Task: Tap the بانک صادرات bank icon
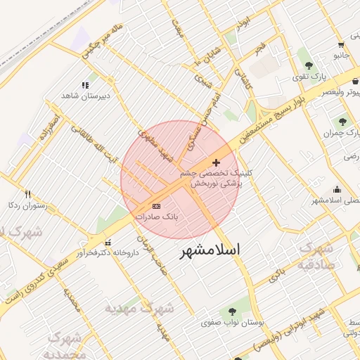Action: (x=156, y=206)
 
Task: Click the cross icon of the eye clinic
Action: (x=215, y=163)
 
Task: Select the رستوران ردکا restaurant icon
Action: (x=27, y=194)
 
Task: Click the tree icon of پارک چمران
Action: (x=343, y=121)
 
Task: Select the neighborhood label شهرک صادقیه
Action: (x=315, y=256)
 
